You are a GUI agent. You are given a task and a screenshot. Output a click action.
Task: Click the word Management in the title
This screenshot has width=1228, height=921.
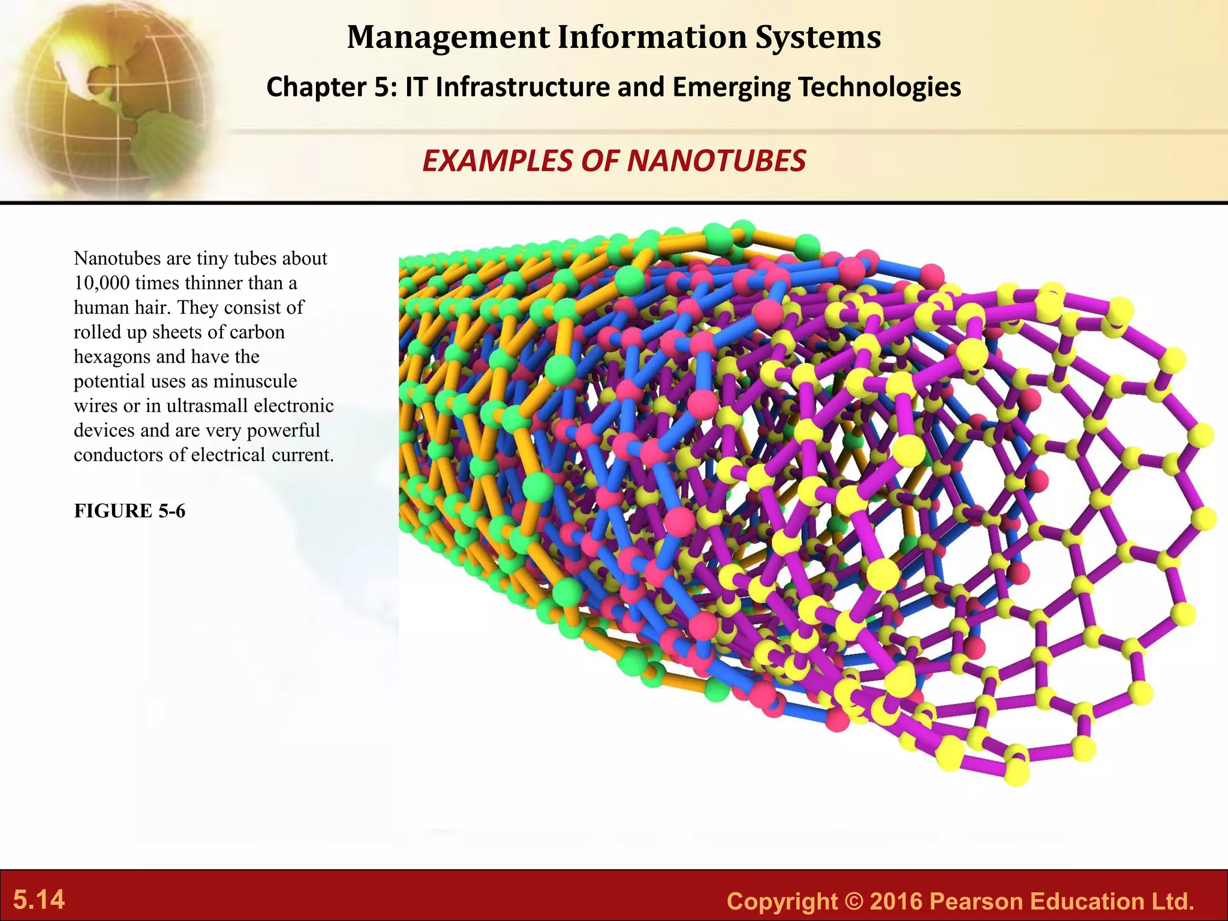(448, 37)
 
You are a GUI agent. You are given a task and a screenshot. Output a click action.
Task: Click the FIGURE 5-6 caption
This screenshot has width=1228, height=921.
(130, 511)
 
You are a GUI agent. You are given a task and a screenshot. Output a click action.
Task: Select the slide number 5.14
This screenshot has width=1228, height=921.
(39, 900)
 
